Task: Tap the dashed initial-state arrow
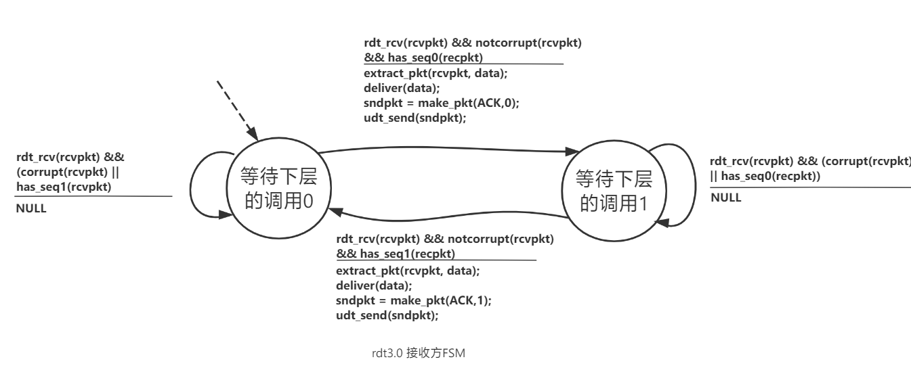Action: [x=236, y=108]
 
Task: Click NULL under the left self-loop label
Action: [x=31, y=208]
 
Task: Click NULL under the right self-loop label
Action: [x=725, y=198]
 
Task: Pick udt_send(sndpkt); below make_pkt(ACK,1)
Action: [x=377, y=314]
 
